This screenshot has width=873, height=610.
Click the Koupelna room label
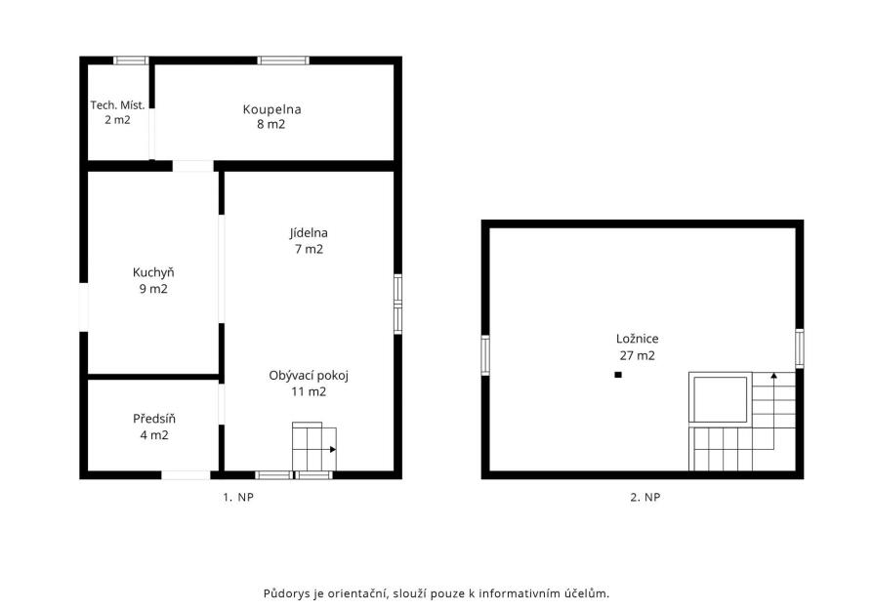click(271, 109)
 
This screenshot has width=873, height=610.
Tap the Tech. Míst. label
click(117, 105)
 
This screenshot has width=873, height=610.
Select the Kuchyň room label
click(153, 272)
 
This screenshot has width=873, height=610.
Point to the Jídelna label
click(309, 233)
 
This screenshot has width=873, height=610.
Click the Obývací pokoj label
click(309, 376)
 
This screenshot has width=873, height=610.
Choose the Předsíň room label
click(154, 419)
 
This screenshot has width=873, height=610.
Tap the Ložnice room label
click(637, 339)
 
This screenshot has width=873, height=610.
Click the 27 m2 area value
click(637, 355)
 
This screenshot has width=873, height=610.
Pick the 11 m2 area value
click(309, 391)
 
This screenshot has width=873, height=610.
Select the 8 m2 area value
click(271, 124)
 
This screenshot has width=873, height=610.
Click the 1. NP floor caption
click(238, 497)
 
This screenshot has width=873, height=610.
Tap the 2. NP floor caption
click(645, 497)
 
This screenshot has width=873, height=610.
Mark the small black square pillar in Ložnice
click(618, 375)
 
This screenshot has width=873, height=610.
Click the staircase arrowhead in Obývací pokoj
click(333, 449)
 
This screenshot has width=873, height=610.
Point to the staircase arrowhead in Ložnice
click(774, 376)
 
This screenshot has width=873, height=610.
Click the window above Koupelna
click(283, 61)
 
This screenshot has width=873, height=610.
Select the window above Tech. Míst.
click(131, 61)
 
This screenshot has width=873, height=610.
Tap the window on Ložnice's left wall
click(485, 355)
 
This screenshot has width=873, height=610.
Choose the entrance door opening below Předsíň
click(186, 474)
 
